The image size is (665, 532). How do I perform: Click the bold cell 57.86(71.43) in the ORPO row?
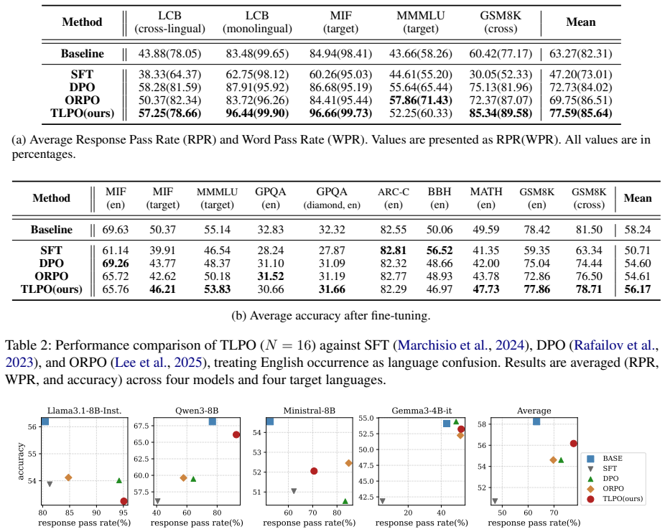(421, 101)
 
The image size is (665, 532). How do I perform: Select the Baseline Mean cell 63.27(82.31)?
(580, 54)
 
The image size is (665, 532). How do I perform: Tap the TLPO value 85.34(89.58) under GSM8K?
(501, 113)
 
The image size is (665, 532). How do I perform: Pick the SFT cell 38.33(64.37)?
(169, 75)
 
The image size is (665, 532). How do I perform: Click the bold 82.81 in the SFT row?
(393, 251)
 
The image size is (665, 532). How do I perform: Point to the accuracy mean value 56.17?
(638, 289)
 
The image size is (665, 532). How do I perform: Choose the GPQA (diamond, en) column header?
(332, 198)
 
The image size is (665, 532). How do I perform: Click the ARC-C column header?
(393, 198)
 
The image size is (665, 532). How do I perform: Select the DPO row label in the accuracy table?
(51, 263)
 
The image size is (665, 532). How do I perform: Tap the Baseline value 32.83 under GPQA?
(271, 230)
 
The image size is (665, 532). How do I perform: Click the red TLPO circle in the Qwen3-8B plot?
(236, 434)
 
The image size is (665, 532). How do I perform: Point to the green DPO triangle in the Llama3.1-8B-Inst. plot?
(118, 480)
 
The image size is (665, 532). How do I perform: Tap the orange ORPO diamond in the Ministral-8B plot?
(348, 463)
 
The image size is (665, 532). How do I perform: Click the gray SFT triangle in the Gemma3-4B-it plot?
(382, 501)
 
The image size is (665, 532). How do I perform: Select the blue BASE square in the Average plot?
(536, 421)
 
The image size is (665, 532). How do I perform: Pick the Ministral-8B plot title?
(310, 411)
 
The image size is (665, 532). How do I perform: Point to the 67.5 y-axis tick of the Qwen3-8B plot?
(141, 426)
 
